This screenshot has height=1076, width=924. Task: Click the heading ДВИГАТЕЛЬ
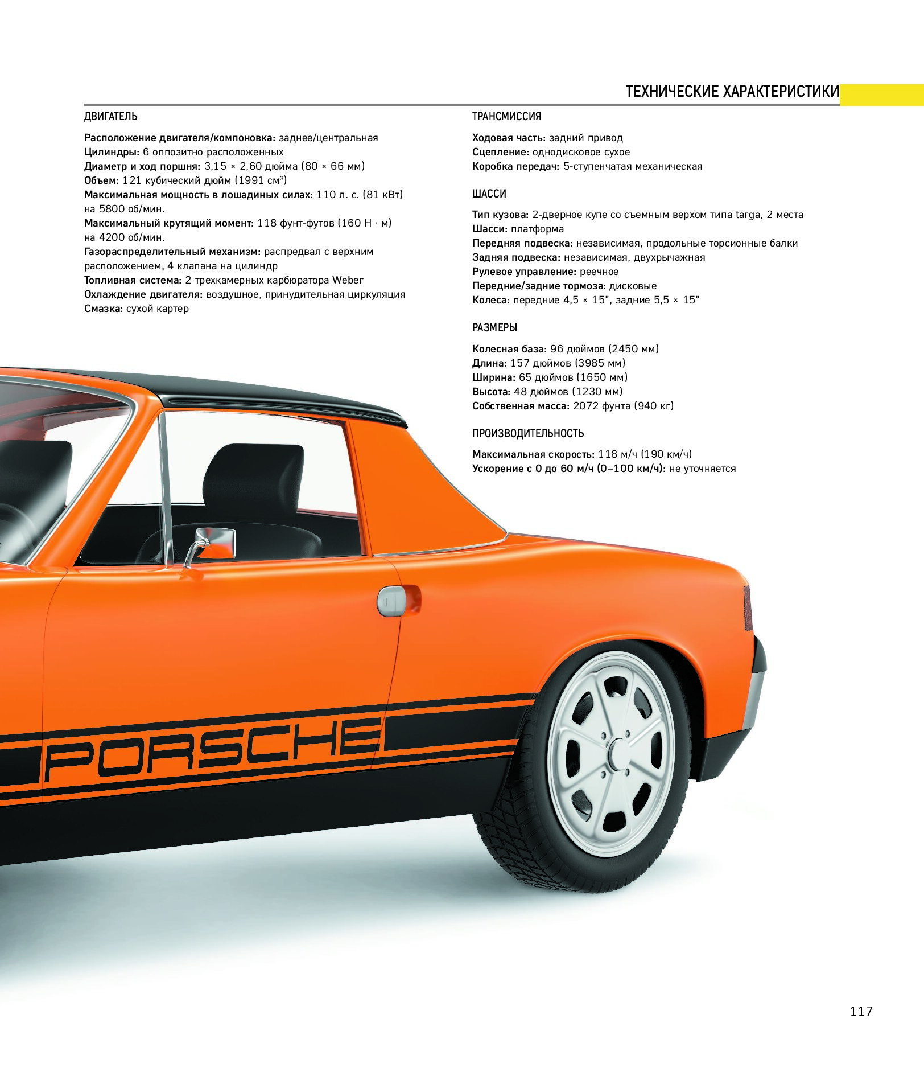pos(111,117)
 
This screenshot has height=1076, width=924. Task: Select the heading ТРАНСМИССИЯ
pos(506,117)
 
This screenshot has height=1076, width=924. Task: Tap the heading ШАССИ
pos(489,194)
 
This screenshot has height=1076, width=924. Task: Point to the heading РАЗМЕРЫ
pos(494,328)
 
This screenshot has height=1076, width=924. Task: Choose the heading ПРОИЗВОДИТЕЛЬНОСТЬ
pos(528,433)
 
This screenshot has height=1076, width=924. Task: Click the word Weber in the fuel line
pos(348,280)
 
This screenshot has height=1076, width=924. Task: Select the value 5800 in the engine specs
pos(112,209)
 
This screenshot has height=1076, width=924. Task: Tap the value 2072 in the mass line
pos(586,406)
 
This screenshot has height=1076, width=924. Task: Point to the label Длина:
pos(489,363)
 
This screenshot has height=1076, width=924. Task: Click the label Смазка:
pos(104,309)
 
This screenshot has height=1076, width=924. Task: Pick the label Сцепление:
pos(501,152)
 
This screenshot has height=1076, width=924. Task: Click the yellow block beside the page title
pos(882,95)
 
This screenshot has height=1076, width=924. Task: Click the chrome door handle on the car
pos(392,601)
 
